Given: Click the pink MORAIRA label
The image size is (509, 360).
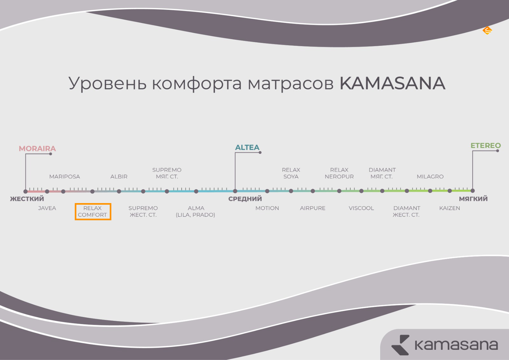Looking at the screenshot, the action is (37, 149).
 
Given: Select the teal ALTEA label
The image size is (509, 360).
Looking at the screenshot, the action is (247, 147).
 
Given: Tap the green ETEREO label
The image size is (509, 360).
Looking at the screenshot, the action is (485, 145).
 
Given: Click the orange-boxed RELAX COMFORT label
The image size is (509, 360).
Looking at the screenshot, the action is (93, 211).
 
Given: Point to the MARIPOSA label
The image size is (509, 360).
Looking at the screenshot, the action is (65, 176).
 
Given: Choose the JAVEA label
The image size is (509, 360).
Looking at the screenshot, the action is (47, 208).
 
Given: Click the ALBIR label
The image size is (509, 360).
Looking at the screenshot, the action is (119, 176).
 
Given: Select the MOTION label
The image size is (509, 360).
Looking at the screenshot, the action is (267, 208).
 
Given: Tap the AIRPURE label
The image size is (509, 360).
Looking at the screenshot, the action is (313, 208).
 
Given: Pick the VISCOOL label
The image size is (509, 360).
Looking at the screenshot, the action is (361, 208).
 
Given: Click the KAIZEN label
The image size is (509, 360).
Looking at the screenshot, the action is (450, 208).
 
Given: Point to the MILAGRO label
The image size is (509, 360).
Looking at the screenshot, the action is (430, 176).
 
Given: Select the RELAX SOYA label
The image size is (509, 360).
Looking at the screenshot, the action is (291, 173).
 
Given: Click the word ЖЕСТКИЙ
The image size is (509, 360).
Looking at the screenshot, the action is (27, 199).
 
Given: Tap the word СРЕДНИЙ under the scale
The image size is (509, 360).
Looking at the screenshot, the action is (245, 199).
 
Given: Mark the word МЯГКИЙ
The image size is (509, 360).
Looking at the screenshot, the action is (473, 199).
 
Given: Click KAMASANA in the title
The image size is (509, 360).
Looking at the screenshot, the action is (393, 83).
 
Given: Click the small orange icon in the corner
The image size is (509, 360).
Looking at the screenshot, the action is (487, 30).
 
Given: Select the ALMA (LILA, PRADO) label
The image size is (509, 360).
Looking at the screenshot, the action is (195, 211).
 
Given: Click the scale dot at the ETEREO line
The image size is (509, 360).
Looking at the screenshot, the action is (473, 191).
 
